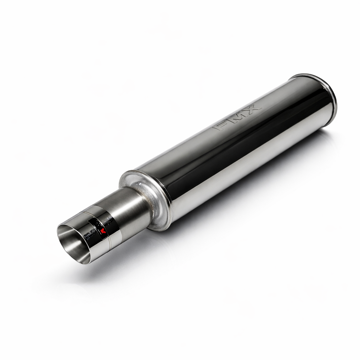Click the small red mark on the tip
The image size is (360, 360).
pos(103,231)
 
